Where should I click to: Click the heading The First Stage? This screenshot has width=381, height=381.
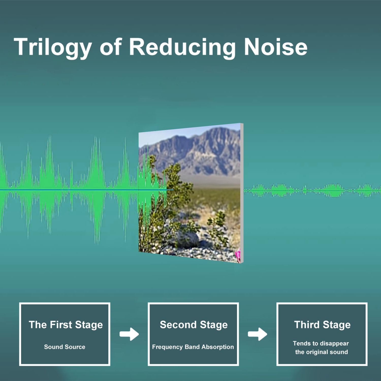66,325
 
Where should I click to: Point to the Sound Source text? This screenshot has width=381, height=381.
65,347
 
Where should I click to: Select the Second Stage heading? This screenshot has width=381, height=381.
194,325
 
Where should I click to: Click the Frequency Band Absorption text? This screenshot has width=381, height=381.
193,347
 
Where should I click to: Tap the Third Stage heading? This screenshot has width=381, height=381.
322,325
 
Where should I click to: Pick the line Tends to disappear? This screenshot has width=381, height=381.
321,344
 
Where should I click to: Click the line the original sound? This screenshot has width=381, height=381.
321,352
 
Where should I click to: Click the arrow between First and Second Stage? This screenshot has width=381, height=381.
129,334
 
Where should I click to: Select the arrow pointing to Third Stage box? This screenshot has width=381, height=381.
258,334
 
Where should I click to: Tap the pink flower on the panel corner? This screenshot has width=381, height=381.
238,255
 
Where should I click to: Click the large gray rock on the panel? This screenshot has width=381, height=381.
187,239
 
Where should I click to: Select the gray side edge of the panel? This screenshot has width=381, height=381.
242,193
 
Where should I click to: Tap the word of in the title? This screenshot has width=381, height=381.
111,47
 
